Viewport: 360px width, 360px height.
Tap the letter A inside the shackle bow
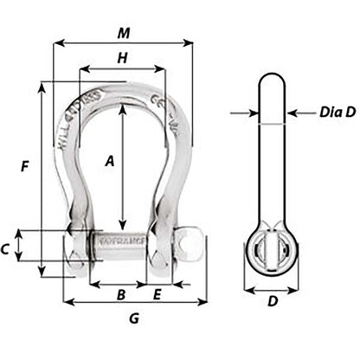click(x=110, y=161)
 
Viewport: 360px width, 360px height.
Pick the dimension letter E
click(x=157, y=294)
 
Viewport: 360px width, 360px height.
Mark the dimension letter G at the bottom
click(x=133, y=318)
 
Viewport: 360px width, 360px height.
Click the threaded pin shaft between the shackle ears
click(x=121, y=243)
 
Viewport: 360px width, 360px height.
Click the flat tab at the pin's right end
click(x=196, y=244)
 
